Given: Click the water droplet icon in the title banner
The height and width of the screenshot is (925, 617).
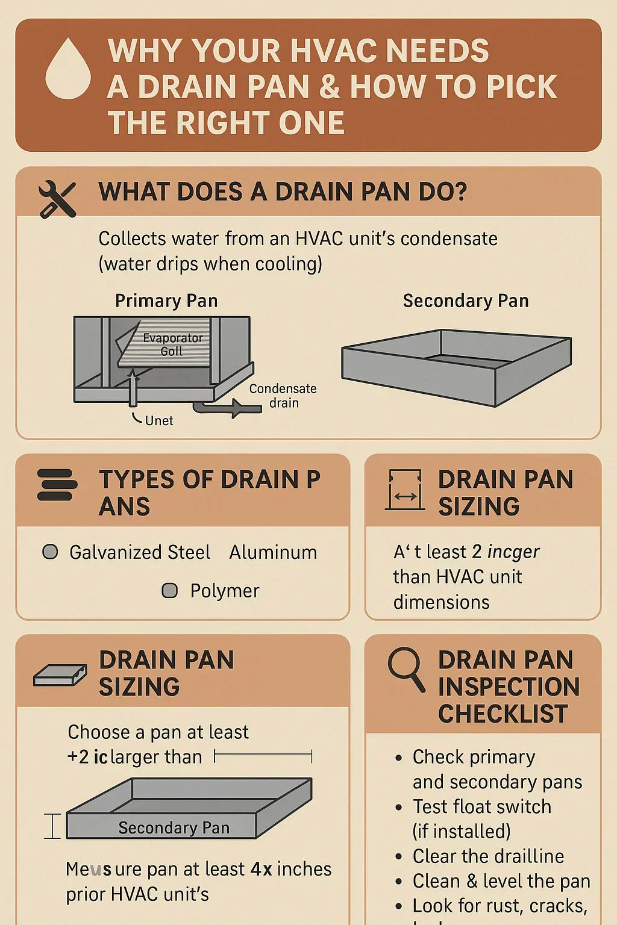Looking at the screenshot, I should (68, 69).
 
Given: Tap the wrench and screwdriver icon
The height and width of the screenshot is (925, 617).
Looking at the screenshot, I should (57, 199).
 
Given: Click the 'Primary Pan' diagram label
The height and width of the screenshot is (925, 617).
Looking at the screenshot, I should (166, 301).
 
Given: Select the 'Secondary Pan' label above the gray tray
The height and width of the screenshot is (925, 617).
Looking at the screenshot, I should (466, 301).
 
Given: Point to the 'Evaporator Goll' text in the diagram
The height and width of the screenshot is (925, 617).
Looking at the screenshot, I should (172, 344).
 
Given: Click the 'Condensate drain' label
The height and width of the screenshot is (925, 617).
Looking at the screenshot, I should (283, 396).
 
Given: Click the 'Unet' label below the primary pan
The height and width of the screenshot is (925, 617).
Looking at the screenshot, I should (158, 420).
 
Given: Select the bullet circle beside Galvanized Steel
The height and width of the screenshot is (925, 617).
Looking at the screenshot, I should (51, 552).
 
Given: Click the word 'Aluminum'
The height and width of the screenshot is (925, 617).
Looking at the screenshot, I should (273, 552).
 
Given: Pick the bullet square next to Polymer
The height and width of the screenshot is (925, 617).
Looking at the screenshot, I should (170, 590).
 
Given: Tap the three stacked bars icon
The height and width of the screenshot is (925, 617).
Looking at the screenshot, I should (57, 485).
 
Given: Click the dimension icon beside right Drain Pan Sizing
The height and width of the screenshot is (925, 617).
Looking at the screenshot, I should (404, 490).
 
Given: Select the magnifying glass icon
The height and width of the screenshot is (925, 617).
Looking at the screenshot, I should (406, 669).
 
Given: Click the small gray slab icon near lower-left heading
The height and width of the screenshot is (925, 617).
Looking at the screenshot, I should (60, 676).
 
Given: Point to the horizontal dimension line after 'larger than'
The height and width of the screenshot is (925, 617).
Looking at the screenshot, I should (263, 756).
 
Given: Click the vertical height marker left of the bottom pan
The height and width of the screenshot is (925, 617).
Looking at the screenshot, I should (53, 826).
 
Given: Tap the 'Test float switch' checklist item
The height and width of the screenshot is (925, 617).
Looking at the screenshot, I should (481, 806).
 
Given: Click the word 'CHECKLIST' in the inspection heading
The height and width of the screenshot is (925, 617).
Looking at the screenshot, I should (503, 714).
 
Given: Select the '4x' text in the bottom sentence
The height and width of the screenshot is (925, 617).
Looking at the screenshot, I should (261, 869).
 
